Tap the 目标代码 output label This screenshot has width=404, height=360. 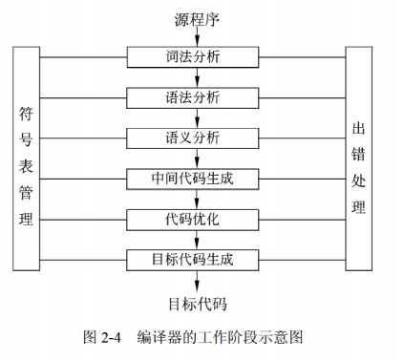[x=198, y=306]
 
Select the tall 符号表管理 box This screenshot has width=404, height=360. [x=27, y=157]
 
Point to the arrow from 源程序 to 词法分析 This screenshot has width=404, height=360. [x=196, y=36]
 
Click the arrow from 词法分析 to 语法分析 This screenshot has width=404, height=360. [x=196, y=77]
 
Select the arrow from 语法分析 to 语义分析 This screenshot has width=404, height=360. [x=196, y=117]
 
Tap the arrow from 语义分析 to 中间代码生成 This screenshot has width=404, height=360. [x=196, y=159]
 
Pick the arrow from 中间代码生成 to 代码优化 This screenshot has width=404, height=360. [x=196, y=199]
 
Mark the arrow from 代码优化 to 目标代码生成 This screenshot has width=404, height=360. [x=196, y=239]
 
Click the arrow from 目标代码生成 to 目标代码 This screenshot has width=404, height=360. [x=196, y=281]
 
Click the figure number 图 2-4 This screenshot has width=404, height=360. [x=103, y=337]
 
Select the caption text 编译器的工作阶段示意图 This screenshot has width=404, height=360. [x=220, y=337]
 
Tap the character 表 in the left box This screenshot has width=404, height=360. [x=27, y=165]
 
